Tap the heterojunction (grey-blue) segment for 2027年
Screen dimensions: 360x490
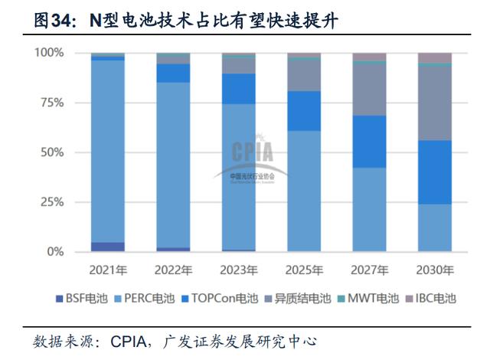click(369, 90)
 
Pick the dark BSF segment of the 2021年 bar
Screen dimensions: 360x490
click(108, 247)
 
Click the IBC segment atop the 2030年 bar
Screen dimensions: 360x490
click(434, 57)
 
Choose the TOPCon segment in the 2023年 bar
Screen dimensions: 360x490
click(239, 88)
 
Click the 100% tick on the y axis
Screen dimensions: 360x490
click(49, 53)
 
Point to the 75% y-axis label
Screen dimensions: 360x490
click(52, 103)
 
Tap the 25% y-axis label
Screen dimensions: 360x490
click(52, 202)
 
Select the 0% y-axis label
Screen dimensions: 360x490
click(56, 252)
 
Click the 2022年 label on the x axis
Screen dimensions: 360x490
click(173, 270)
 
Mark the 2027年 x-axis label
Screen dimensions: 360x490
click(369, 270)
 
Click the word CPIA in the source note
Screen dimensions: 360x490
click(130, 341)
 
